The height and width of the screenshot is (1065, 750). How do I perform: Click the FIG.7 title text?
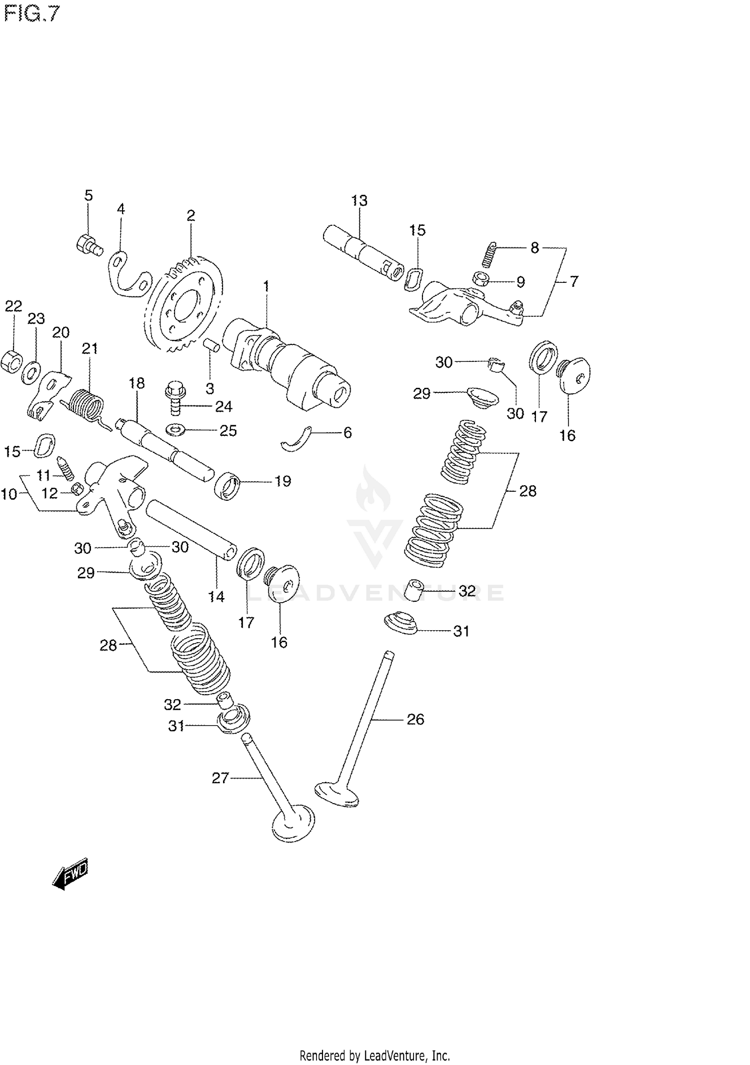pyautogui.click(x=31, y=14)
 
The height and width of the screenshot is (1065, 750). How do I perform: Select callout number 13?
pyautogui.click(x=359, y=201)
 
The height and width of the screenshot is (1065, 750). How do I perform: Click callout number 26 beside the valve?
pyautogui.click(x=415, y=720)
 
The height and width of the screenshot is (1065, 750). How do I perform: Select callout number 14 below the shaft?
pyautogui.click(x=216, y=596)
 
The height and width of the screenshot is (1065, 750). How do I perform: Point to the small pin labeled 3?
pyautogui.click(x=211, y=345)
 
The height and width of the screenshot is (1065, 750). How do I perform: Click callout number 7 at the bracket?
pyautogui.click(x=573, y=281)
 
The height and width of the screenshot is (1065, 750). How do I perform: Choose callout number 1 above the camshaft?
pyautogui.click(x=266, y=286)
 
